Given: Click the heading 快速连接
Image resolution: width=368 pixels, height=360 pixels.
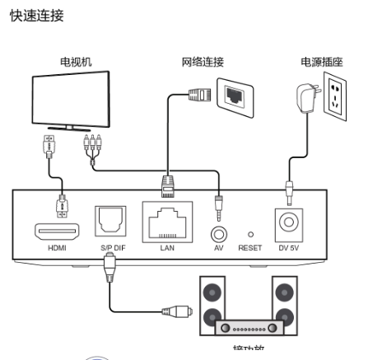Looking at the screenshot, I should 35,16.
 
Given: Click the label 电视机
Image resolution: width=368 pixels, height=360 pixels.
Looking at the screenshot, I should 71,62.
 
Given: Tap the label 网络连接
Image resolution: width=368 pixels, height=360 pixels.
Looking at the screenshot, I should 203,62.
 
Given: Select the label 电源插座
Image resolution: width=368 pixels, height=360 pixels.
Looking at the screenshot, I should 322,62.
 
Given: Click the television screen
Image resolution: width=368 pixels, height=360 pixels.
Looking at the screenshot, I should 69,99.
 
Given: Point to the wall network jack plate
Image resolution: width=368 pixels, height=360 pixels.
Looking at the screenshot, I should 235,95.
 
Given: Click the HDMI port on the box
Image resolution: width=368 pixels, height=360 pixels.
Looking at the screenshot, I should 56,231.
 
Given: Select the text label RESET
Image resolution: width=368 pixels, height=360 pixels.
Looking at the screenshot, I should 249,247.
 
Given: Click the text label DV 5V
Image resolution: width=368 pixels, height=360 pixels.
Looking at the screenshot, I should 290,247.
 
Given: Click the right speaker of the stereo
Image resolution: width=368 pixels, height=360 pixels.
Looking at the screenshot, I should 285,306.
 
